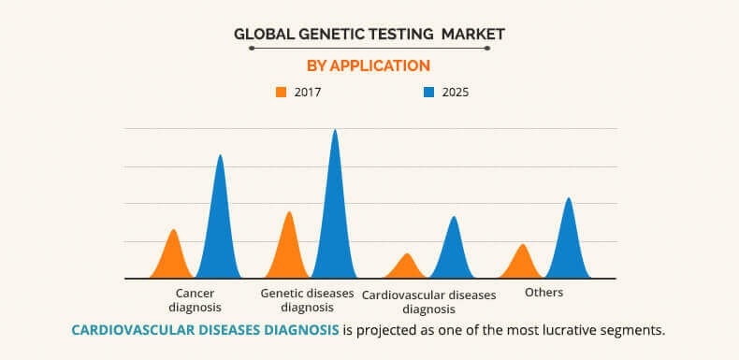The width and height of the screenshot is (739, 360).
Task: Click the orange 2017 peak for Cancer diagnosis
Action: pyautogui.click(x=173, y=257)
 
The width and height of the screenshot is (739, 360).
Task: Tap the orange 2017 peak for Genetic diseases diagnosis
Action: pyautogui.click(x=289, y=248)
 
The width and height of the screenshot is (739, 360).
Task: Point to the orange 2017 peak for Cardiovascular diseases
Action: pyautogui.click(x=406, y=267)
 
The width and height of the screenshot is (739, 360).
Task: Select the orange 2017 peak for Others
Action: pyautogui.click(x=523, y=263)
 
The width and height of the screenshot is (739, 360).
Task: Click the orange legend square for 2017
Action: pyautogui.click(x=281, y=93)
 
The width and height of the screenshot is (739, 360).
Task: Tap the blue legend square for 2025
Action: pyautogui.click(x=428, y=93)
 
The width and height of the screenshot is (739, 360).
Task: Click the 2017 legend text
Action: pyautogui.click(x=308, y=93)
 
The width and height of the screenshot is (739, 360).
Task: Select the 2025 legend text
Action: pyautogui.click(x=456, y=93)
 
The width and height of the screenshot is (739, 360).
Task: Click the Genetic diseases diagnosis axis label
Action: pyautogui.click(x=307, y=299)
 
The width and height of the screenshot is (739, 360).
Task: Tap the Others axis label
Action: pyautogui.click(x=544, y=293)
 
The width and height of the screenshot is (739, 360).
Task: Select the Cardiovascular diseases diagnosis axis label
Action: pyautogui.click(x=429, y=301)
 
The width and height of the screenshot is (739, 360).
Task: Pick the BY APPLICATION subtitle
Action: pyautogui.click(x=369, y=65)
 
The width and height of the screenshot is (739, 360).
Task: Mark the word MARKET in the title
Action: pyautogui.click(x=473, y=34)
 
